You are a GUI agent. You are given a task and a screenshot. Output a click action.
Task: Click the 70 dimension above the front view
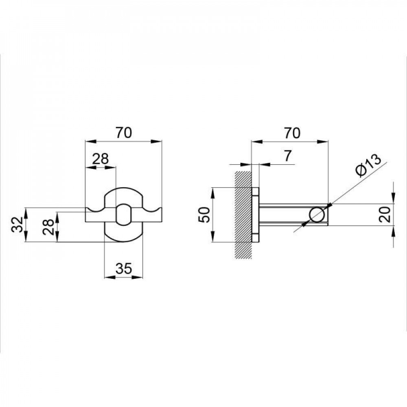124,133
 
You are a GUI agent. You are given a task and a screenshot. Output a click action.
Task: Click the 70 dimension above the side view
292,133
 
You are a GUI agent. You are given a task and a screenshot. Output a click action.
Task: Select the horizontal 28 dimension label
101,159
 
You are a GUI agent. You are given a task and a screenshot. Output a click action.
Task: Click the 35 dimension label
124,268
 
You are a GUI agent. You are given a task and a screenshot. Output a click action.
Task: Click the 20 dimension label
386,214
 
